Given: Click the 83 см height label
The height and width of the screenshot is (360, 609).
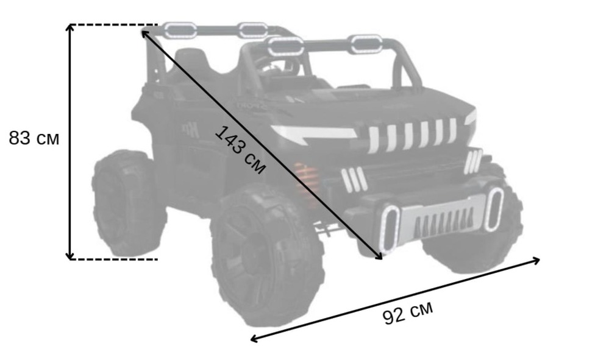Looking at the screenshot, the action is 34,138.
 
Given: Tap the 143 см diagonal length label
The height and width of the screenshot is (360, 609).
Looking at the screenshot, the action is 240,149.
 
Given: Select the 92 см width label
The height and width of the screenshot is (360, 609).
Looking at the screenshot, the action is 407,313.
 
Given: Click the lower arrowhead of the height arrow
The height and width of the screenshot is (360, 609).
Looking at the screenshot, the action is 70,256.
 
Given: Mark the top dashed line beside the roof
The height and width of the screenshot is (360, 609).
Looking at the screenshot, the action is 113,25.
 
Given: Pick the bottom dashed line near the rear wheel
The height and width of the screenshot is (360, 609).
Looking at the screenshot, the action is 113,259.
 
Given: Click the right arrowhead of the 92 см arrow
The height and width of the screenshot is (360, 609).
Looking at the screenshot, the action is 535,260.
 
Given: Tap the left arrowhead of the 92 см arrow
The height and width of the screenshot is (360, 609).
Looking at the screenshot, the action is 255,339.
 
